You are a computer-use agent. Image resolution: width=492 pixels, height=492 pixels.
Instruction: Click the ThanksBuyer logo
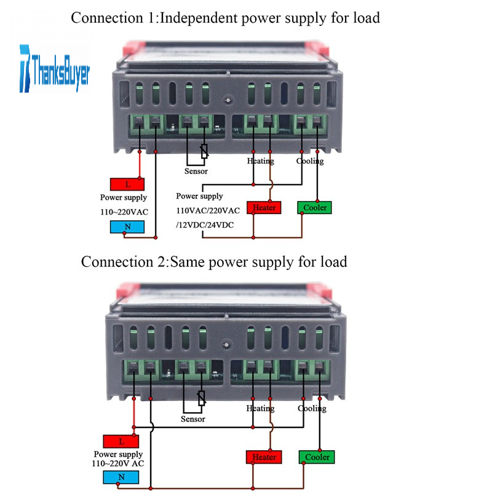click(54, 68)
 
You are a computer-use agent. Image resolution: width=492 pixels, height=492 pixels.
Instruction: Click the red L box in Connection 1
click(127, 184)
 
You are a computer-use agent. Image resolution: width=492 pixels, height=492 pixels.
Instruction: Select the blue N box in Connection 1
click(127, 226)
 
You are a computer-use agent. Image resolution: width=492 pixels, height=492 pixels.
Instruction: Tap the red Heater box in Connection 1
click(264, 207)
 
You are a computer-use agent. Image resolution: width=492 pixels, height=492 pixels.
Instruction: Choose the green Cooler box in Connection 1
click(314, 207)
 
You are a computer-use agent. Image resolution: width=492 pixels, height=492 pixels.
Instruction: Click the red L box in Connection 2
click(121, 441)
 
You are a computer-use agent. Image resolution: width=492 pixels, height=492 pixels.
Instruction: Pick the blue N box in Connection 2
click(121, 478)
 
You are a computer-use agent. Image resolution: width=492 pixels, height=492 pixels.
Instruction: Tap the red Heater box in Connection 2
click(264, 457)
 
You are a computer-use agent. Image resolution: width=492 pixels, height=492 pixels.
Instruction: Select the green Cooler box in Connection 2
click(317, 457)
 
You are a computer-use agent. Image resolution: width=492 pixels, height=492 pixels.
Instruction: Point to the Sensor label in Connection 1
click(196, 171)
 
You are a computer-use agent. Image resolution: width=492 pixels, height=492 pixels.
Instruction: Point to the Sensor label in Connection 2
click(192, 419)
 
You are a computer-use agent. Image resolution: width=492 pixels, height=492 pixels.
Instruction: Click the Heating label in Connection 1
click(260, 161)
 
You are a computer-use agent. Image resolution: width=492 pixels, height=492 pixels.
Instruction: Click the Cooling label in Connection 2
click(312, 408)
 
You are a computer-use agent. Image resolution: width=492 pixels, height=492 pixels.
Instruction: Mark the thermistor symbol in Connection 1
click(204, 151)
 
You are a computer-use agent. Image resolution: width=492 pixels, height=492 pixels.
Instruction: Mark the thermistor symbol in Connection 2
click(200, 398)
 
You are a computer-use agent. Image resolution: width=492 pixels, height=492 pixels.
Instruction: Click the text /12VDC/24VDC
click(205, 224)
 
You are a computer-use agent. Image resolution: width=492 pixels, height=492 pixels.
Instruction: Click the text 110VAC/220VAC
click(207, 210)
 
